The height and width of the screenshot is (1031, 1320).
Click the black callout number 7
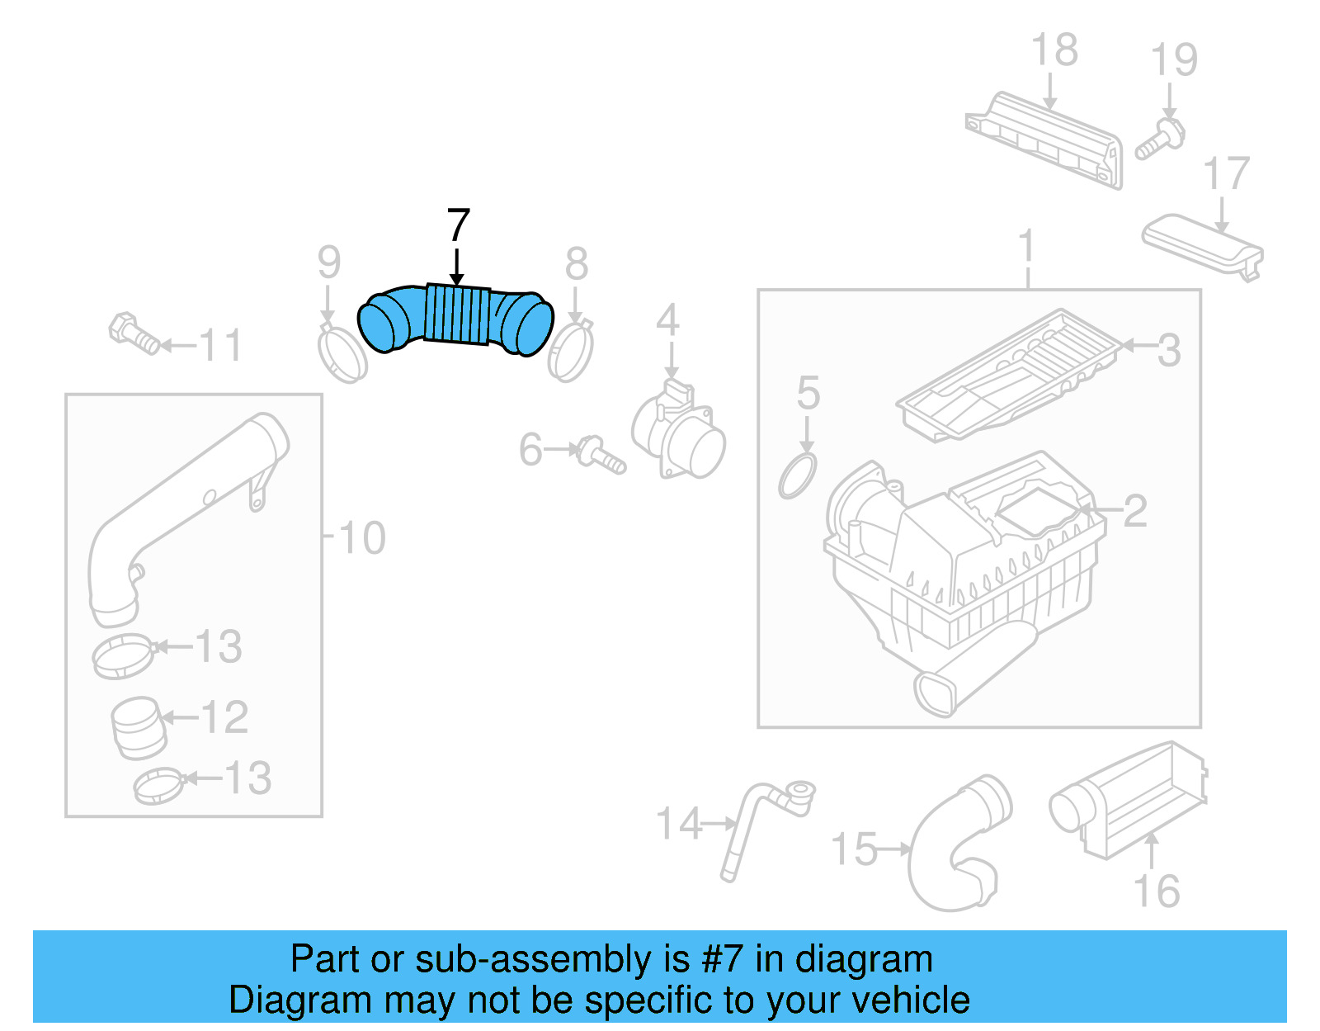pyautogui.click(x=458, y=226)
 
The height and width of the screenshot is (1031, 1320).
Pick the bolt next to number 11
pyautogui.click(x=134, y=333)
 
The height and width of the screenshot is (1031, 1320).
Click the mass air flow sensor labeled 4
pyautogui.click(x=679, y=431)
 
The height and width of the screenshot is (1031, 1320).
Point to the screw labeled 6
pyautogui.click(x=601, y=455)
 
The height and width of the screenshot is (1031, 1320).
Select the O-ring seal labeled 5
pyautogui.click(x=797, y=476)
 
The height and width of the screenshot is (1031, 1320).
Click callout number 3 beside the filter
pyautogui.click(x=1168, y=350)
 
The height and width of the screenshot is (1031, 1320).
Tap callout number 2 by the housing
pyautogui.click(x=1135, y=511)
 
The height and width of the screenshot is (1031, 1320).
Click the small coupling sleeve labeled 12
pyautogui.click(x=138, y=727)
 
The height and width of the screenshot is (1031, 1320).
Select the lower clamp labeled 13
pyautogui.click(x=158, y=786)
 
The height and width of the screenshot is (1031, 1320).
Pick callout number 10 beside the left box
pyautogui.click(x=361, y=538)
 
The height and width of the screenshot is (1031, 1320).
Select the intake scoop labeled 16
pyautogui.click(x=1130, y=801)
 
